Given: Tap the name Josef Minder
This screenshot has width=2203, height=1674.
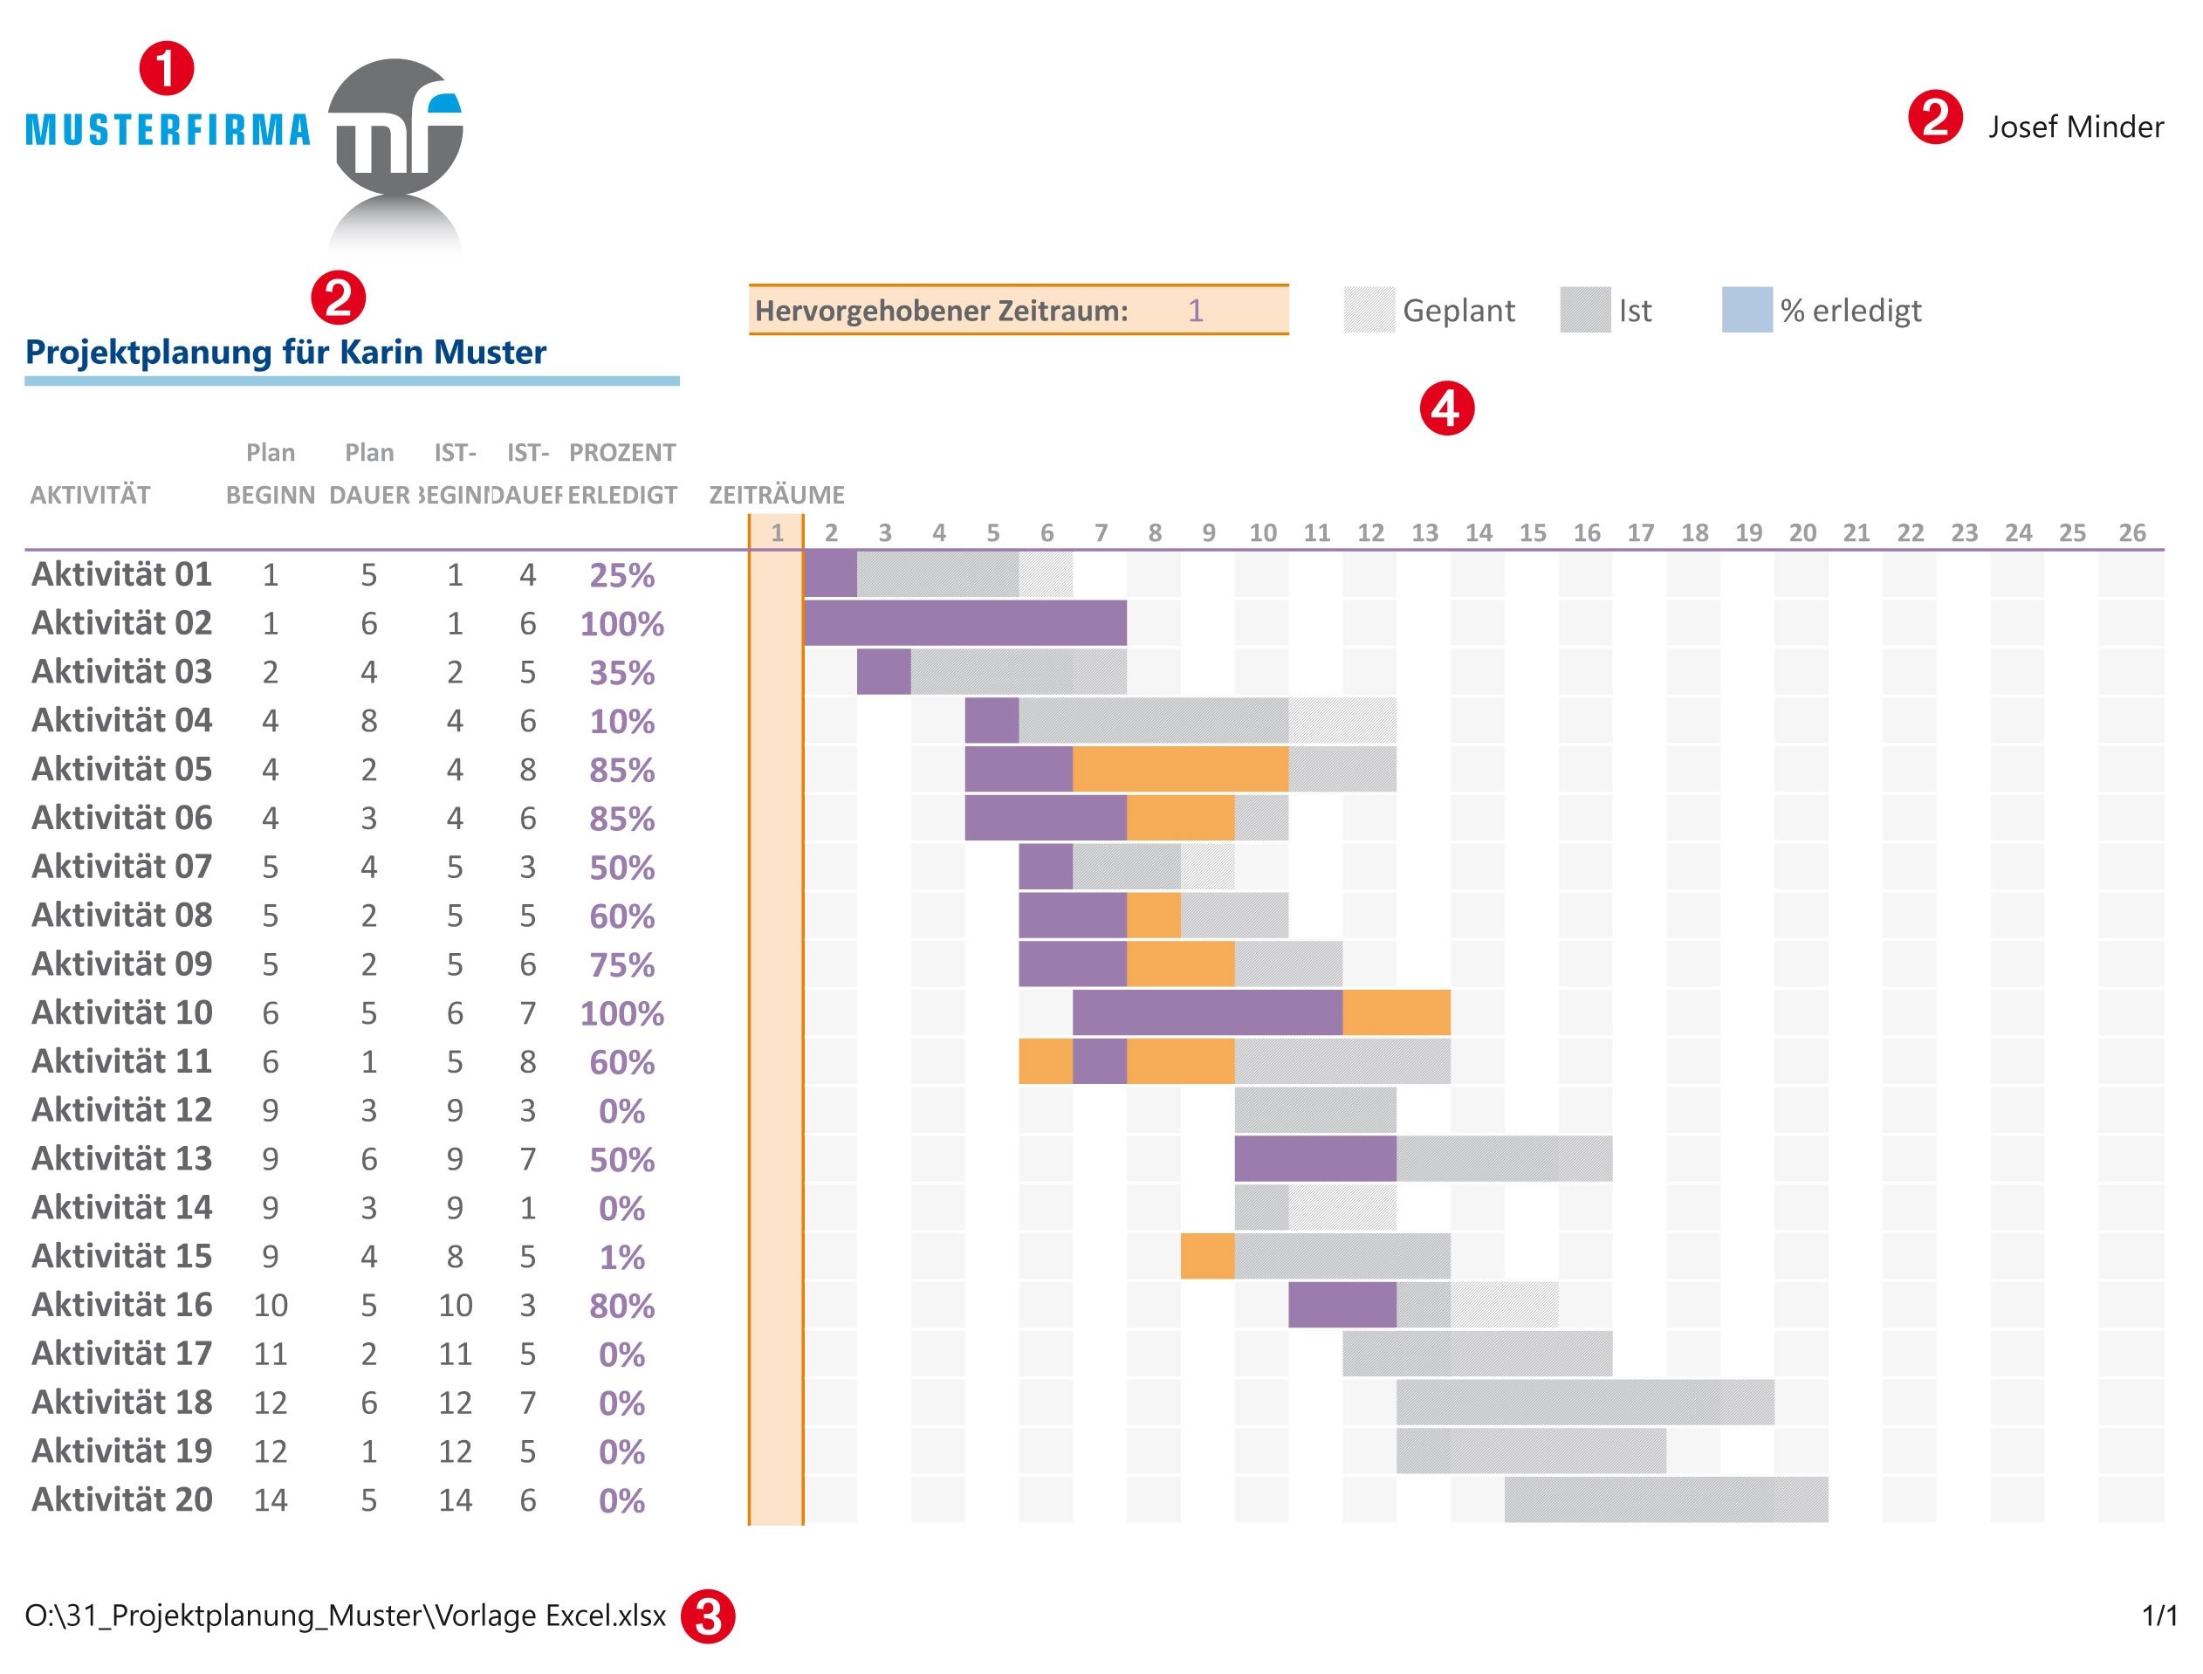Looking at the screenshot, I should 2075,127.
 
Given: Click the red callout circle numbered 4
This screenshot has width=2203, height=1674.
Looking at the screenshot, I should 1445,409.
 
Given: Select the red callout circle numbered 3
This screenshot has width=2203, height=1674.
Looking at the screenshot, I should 708,1616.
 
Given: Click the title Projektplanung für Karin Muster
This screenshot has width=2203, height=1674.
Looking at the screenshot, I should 286,352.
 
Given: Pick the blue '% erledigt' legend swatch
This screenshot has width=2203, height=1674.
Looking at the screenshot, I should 1746,310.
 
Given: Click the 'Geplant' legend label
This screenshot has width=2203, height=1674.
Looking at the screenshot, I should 1458,311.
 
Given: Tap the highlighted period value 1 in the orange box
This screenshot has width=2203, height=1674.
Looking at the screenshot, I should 1196,311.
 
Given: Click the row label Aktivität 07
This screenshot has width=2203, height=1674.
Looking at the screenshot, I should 121,867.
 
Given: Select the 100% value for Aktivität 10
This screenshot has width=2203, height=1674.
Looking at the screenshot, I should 621,1013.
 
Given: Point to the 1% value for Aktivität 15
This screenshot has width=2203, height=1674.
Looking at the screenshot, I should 621,1258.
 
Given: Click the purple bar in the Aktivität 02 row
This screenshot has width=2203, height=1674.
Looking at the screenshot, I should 964,624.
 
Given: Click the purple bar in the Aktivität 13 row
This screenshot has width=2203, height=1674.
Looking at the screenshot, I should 1315,1159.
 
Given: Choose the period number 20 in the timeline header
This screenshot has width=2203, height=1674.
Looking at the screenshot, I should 1802,533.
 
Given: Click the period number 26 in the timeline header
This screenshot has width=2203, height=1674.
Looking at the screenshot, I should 2131,533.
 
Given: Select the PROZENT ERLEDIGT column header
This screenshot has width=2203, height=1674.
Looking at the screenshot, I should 621,474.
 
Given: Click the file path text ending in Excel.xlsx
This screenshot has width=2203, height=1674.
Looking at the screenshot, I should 345,1616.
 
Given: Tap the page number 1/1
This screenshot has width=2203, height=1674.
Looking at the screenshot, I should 2159,1616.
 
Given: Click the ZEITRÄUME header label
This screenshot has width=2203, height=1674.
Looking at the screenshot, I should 776,495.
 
